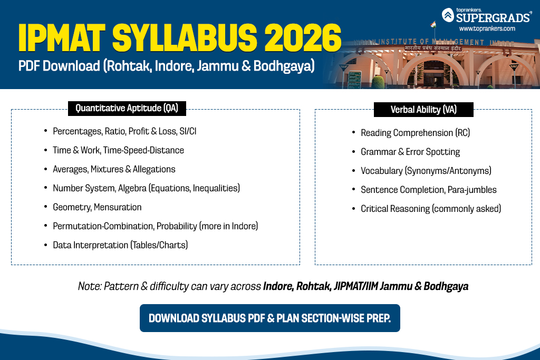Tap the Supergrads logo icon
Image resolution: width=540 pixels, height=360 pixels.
tap(448, 15)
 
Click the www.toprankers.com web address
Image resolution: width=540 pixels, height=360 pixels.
tap(487, 28)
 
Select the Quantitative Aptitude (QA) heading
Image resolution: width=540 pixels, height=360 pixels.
tap(127, 108)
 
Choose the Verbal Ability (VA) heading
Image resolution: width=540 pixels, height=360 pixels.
tap(423, 110)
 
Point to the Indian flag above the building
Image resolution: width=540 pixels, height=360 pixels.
tap(433, 25)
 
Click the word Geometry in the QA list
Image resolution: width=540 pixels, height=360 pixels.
tap(71, 207)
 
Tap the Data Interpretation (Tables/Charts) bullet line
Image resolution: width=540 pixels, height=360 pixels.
tap(120, 245)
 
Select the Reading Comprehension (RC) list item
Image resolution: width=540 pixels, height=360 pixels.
tap(416, 133)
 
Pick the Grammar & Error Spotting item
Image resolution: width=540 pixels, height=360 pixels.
tap(410, 152)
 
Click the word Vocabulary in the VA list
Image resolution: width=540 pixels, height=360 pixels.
tap(382, 171)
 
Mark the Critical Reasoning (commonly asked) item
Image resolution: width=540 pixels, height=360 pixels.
tap(431, 209)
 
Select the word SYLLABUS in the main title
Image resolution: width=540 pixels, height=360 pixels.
tap(185, 38)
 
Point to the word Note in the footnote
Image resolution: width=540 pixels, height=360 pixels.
tap(90, 286)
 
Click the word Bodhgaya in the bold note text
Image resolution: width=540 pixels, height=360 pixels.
tap(446, 287)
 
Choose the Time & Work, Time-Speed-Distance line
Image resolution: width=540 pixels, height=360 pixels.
tap(118, 150)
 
